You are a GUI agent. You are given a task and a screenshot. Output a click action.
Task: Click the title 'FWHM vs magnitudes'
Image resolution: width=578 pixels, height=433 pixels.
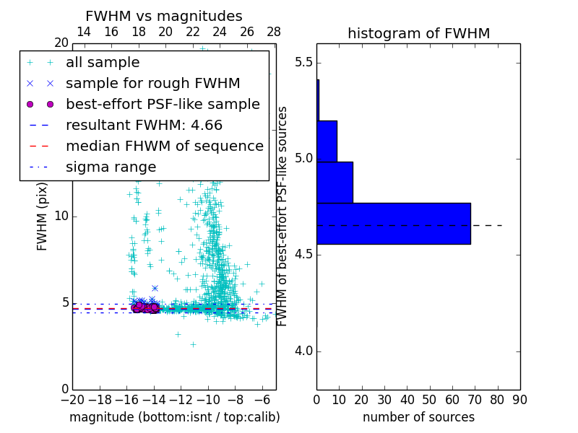click(x=163, y=17)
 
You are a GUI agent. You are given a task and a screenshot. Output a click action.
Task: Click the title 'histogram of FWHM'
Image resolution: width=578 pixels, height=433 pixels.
click(x=418, y=34)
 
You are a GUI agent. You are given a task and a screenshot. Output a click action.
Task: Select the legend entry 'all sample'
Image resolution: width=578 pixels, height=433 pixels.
click(x=103, y=63)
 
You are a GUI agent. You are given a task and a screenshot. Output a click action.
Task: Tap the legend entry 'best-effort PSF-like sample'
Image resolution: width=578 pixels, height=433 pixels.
click(x=163, y=105)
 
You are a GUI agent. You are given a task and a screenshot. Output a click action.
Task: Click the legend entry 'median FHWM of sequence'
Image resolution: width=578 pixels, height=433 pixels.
click(x=164, y=146)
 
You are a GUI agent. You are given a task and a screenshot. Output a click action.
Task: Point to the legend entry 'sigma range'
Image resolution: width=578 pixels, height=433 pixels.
click(x=111, y=167)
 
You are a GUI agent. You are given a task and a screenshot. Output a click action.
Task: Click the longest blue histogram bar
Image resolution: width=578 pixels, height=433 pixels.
click(x=393, y=224)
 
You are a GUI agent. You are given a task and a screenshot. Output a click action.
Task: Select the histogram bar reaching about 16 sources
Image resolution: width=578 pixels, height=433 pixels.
click(x=335, y=183)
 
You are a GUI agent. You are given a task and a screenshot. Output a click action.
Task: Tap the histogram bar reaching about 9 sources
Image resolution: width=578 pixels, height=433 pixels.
click(x=327, y=141)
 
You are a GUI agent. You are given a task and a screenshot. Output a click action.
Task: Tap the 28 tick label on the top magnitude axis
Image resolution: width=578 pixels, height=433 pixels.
click(x=274, y=32)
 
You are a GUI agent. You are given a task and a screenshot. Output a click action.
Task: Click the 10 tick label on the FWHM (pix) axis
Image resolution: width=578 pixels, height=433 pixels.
click(x=61, y=216)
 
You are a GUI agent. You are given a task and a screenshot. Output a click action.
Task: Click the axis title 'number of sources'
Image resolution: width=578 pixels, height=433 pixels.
click(x=418, y=417)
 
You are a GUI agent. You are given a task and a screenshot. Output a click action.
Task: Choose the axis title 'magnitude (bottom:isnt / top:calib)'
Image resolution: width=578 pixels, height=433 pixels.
click(x=174, y=417)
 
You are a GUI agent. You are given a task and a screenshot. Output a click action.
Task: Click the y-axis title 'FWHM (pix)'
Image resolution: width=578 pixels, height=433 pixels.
click(x=43, y=216)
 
